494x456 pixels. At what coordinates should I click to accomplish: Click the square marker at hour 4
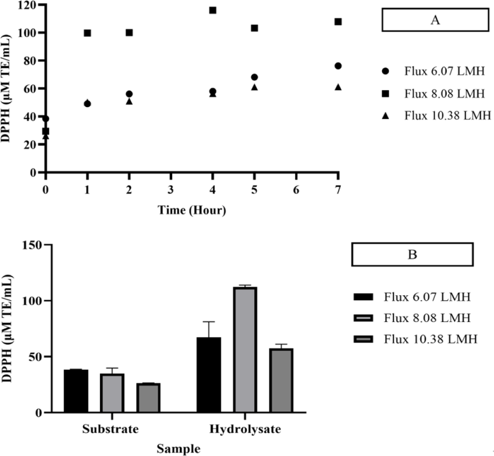(x=213, y=10)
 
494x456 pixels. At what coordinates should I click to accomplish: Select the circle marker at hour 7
(x=338, y=66)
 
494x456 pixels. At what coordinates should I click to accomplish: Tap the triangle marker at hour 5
(x=255, y=87)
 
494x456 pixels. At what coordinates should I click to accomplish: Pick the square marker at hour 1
(x=88, y=33)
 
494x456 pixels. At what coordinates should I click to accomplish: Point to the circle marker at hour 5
(x=255, y=77)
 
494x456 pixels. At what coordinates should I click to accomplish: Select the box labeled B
(x=412, y=255)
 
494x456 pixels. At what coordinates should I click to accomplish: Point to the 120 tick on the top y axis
(x=33, y=5)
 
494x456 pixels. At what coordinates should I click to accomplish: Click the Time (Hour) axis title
(x=193, y=210)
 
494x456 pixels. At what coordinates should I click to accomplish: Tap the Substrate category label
(x=110, y=429)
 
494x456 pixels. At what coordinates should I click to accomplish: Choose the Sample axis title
(x=179, y=449)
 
